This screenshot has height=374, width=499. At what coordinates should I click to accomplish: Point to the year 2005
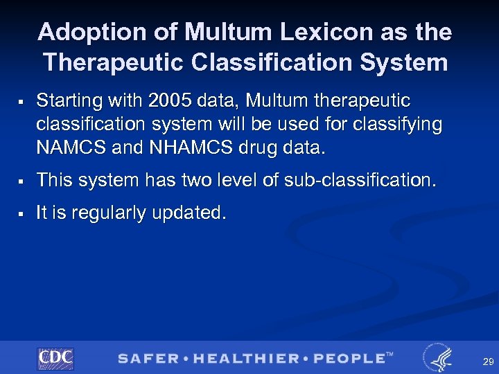coord(171,101)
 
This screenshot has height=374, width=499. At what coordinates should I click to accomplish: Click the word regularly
coord(119,213)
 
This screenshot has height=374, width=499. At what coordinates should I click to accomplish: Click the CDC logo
coord(55,357)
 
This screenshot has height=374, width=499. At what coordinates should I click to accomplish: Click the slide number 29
coord(488,362)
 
